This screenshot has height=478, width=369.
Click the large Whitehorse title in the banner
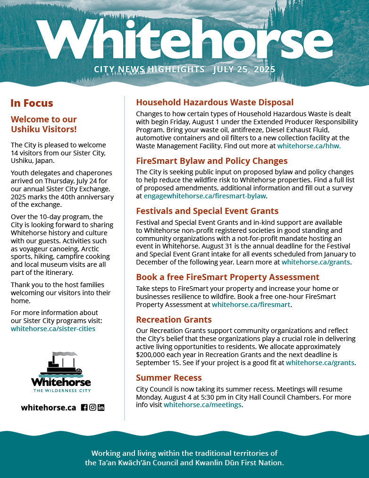[184, 40]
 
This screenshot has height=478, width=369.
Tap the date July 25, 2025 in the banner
[244, 69]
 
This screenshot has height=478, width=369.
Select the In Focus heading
[32, 103]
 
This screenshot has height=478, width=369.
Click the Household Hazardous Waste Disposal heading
[215, 102]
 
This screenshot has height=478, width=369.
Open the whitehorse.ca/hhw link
[309, 146]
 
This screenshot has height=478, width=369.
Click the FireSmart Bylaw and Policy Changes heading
[211, 161]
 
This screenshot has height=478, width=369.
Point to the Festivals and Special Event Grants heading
[207, 211]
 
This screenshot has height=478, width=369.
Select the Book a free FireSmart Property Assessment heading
[227, 277]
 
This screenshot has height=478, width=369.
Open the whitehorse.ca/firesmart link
[251, 305]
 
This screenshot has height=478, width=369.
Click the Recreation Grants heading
[174, 320]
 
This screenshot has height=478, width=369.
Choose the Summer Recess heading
[168, 378]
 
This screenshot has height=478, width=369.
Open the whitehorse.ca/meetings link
[203, 405]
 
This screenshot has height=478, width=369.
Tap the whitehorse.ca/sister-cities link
[53, 328]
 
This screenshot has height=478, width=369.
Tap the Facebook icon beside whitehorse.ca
[84, 407]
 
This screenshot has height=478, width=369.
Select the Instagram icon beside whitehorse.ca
[92, 407]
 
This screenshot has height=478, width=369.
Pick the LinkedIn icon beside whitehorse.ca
[101, 407]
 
